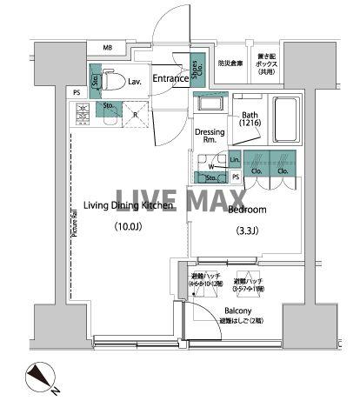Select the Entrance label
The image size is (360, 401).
[x=170, y=79]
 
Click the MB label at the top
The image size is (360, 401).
[x=108, y=48]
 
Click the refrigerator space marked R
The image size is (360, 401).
[x=136, y=114]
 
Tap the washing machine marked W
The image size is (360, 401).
[x=210, y=163]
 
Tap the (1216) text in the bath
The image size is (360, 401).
[x=250, y=123]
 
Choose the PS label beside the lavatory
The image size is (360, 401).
[x=77, y=92]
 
